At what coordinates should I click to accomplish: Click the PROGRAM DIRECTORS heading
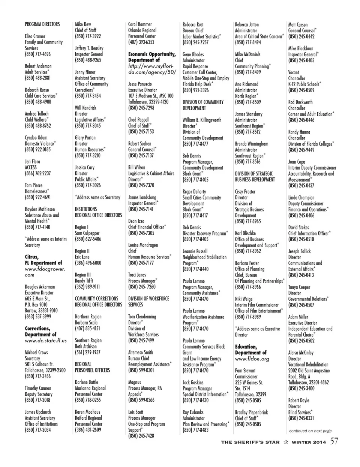tap(42, 24)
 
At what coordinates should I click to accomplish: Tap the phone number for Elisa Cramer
tap(37, 54)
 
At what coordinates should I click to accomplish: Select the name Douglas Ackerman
tap(40, 287)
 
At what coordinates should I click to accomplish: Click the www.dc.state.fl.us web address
tap(46, 341)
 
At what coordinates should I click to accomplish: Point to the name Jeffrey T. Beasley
tap(89, 48)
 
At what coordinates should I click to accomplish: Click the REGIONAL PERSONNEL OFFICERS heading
tap(92, 367)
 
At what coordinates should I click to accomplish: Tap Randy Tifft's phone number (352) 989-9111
tap(87, 287)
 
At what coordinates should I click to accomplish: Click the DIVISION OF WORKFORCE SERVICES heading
tap(148, 302)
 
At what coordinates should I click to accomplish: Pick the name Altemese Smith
tap(141, 353)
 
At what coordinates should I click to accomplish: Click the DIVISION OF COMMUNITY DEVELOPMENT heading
tap(203, 105)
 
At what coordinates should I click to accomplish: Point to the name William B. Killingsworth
tap(202, 120)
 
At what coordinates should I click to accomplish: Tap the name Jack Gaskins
tap(193, 383)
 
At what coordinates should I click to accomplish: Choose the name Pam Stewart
tap(245, 371)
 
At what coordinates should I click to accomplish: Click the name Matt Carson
tap(298, 25)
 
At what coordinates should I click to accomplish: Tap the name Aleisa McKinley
tap(301, 353)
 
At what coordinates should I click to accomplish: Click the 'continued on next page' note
tap(310, 431)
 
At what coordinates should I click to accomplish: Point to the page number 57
tap(334, 441)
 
